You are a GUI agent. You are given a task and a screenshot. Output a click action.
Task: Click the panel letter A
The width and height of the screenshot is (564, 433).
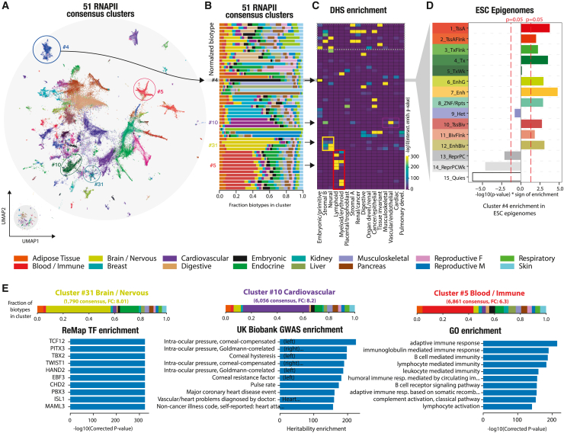click(x=7, y=6)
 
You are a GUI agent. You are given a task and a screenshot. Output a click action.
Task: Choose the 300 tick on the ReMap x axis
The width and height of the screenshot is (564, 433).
click(x=136, y=413)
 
